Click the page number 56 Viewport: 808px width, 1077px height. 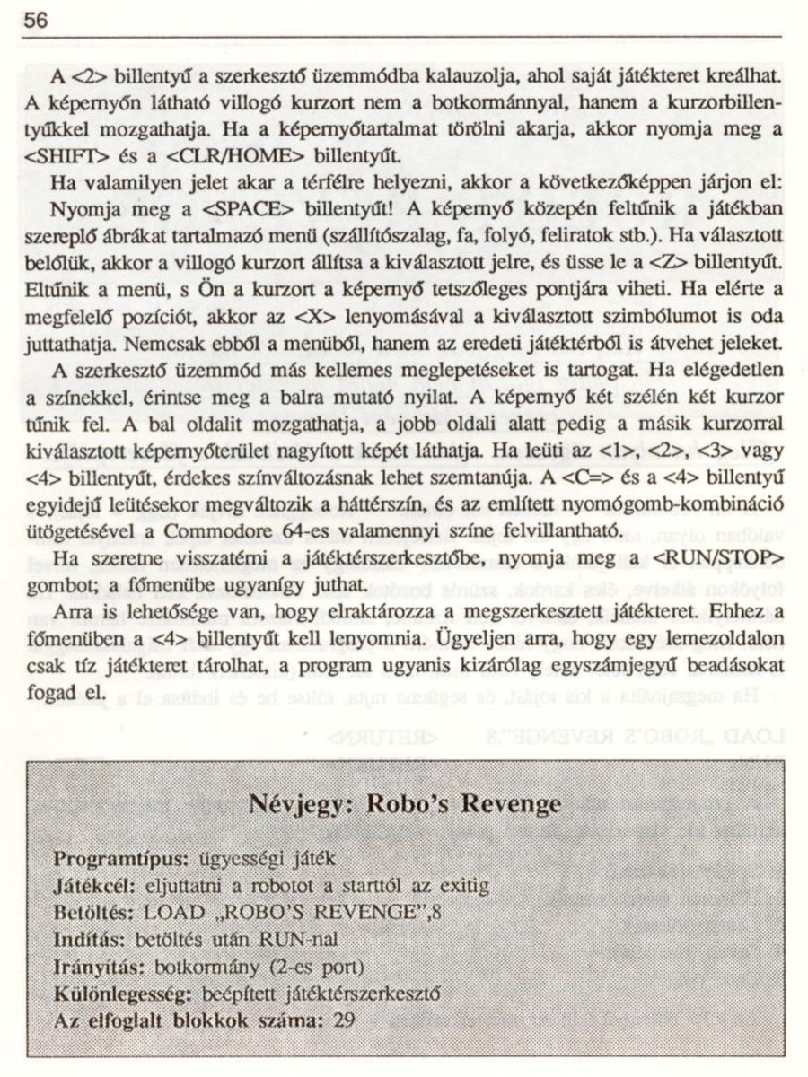tap(36, 21)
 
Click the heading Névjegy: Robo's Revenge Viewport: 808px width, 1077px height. tap(404, 802)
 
